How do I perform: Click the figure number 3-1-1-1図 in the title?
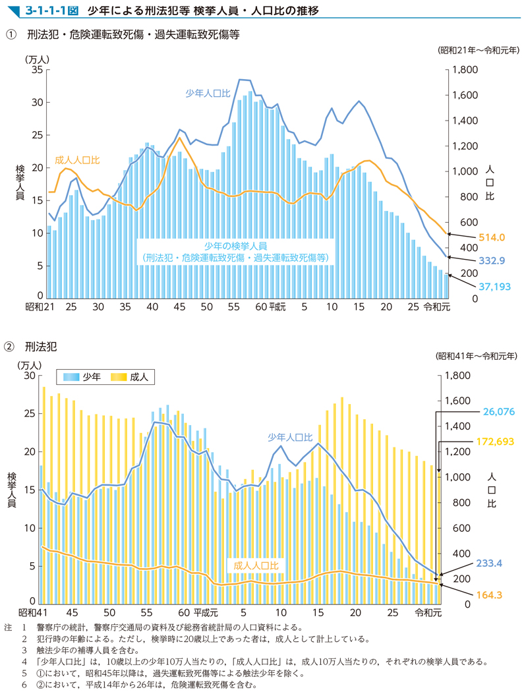click(51, 11)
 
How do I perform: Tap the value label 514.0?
click(492, 237)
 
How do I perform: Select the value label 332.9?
click(492, 260)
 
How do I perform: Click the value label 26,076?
click(499, 411)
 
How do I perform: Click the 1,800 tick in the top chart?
click(466, 70)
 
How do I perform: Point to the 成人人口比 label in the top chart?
click(77, 160)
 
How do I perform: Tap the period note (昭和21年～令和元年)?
click(477, 50)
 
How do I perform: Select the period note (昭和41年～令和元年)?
click(477, 356)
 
